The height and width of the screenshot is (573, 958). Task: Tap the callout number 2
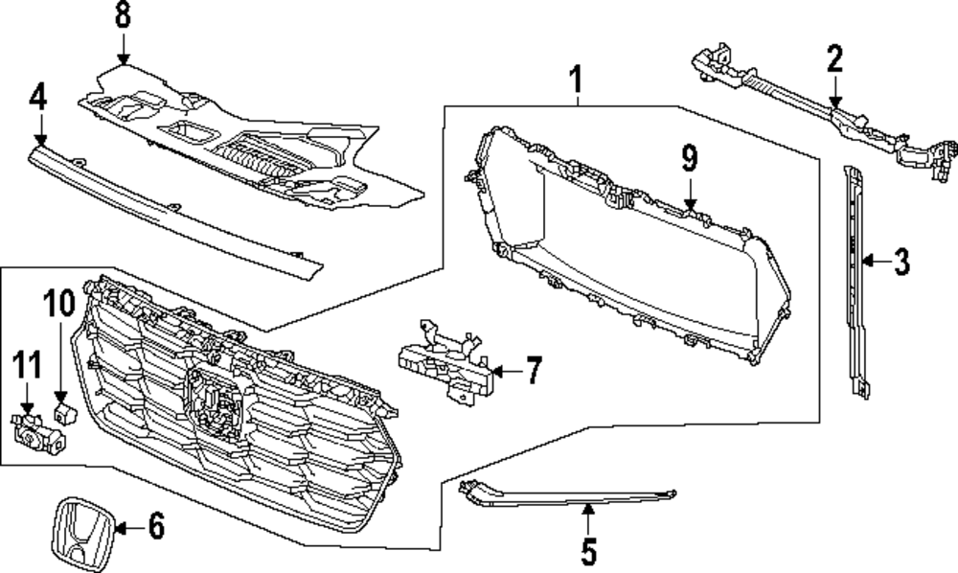pyautogui.click(x=834, y=59)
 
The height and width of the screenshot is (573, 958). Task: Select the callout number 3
pyautogui.click(x=901, y=260)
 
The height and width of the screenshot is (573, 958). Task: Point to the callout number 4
pyautogui.click(x=38, y=97)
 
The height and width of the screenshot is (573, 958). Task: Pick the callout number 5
pyautogui.click(x=588, y=551)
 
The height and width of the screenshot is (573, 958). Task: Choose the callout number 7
pyautogui.click(x=533, y=369)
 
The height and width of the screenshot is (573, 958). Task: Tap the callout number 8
pyautogui.click(x=123, y=16)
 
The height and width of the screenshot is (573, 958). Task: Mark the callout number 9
pyautogui.click(x=690, y=159)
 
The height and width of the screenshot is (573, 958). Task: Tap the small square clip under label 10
pyautogui.click(x=64, y=414)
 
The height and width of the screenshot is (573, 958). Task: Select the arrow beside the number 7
pyautogui.click(x=506, y=369)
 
